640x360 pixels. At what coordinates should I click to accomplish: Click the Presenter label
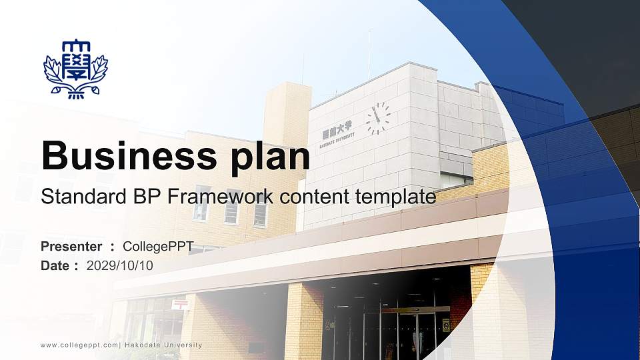coord(71,247)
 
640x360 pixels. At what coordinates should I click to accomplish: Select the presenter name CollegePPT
coord(158,247)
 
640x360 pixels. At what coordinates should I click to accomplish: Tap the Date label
coord(55,265)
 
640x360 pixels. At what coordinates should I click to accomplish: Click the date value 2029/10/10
coord(120,265)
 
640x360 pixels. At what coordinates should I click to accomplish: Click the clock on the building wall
coord(378,118)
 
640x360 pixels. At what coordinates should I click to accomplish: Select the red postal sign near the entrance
coord(179,304)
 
